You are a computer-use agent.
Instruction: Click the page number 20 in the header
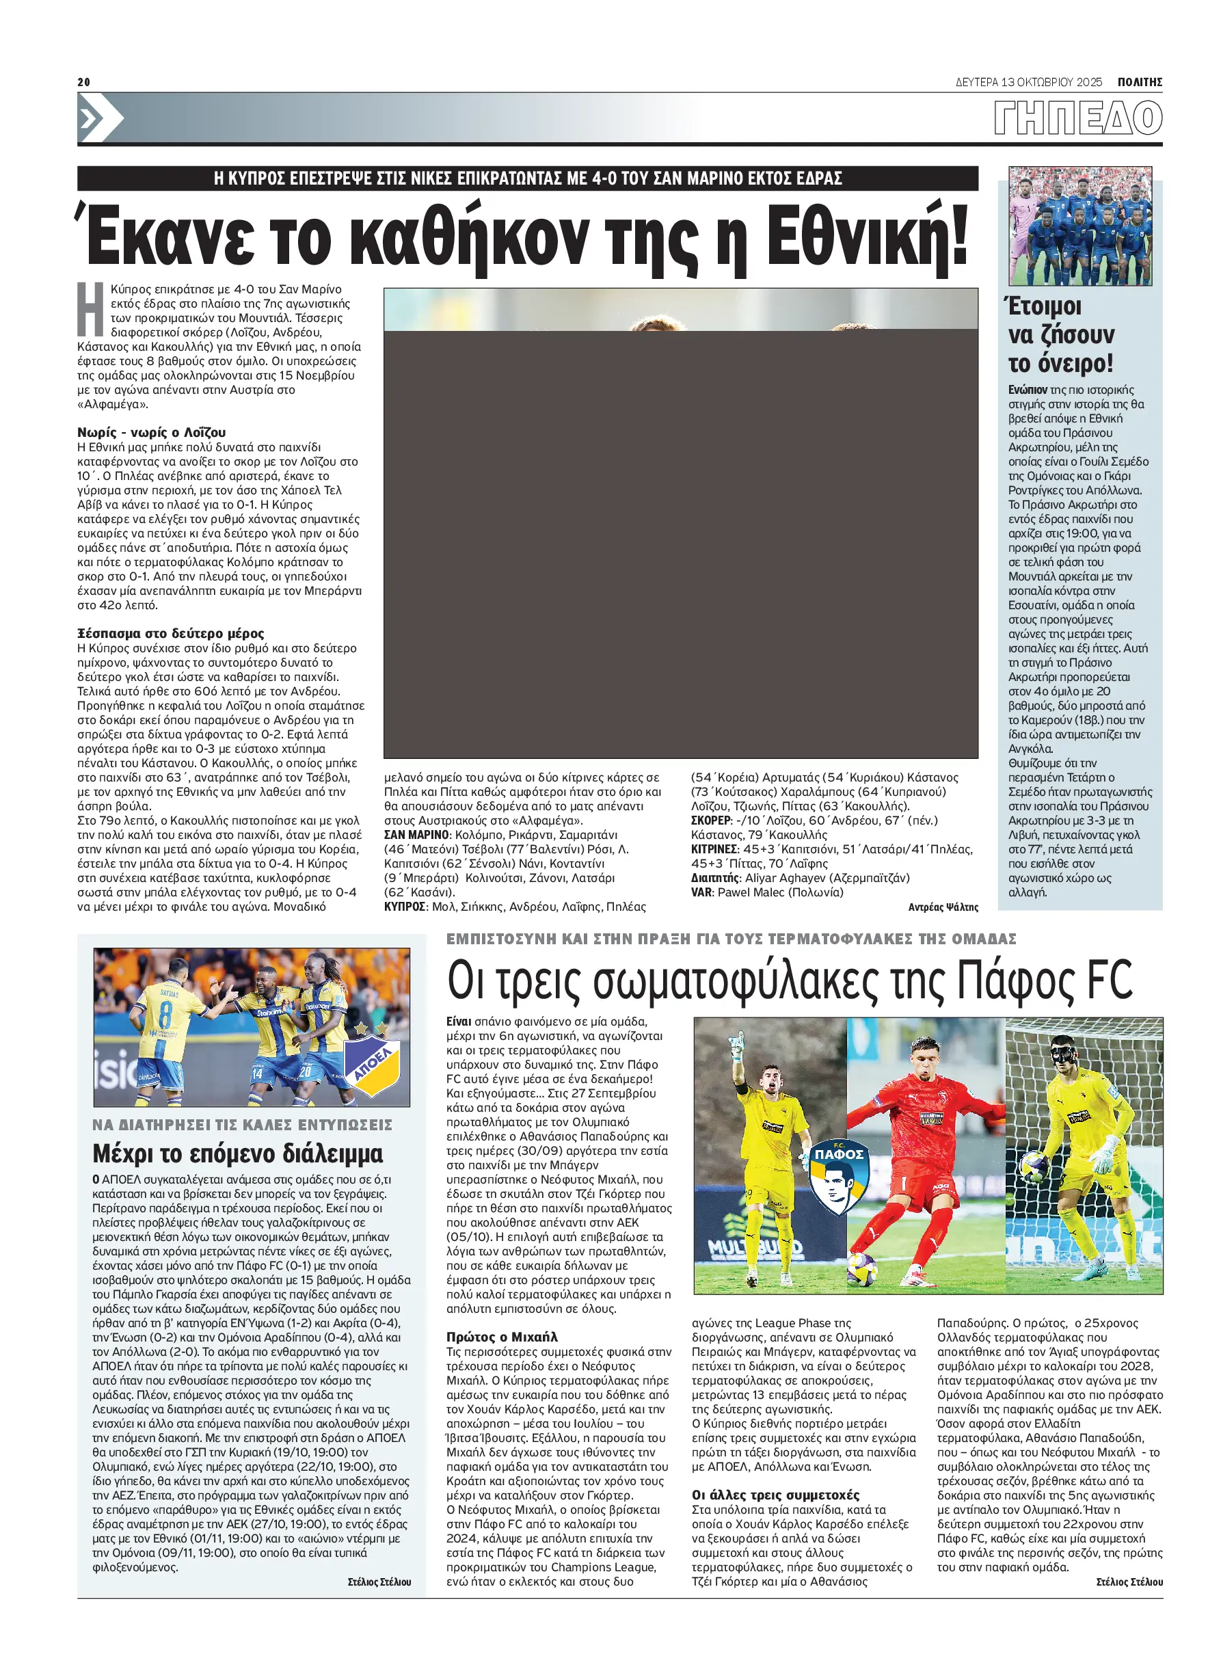pos(83,82)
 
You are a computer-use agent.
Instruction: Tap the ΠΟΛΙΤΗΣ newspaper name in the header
pos(1139,82)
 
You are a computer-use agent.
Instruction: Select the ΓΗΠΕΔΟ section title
pos(1077,118)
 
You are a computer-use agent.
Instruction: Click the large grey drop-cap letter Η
pos(91,309)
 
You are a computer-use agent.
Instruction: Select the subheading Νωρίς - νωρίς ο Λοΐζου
pos(152,432)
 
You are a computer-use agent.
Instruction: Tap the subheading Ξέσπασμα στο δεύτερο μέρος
pos(171,634)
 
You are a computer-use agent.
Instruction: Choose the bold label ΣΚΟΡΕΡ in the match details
pos(710,821)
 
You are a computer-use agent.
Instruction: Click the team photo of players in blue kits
pos(1080,226)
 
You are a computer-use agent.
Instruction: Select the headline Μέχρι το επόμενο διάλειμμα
pos(237,1154)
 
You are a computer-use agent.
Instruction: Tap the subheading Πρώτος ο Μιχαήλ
pos(502,1337)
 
